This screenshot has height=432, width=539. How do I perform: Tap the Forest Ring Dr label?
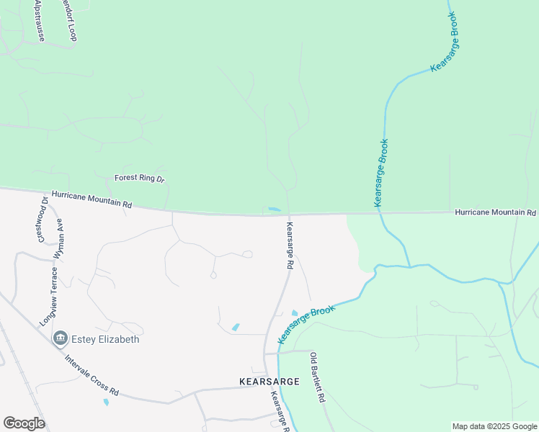click(140, 178)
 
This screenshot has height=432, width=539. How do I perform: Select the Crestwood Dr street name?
click(43, 219)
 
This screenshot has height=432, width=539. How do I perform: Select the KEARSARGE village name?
click(269, 381)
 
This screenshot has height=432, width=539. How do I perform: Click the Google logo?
click(24, 423)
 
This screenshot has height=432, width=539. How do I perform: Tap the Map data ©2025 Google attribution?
click(495, 426)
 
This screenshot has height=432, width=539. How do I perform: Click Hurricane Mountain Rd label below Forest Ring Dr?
click(92, 199)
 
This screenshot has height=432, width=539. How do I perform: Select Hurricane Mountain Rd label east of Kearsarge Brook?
click(496, 212)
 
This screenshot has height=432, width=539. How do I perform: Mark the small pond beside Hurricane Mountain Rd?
click(275, 210)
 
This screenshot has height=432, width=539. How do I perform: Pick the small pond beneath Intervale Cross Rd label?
click(107, 402)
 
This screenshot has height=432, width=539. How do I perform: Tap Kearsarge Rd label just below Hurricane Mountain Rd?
click(290, 245)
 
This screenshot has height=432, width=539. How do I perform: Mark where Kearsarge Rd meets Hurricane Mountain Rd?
click(288, 214)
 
